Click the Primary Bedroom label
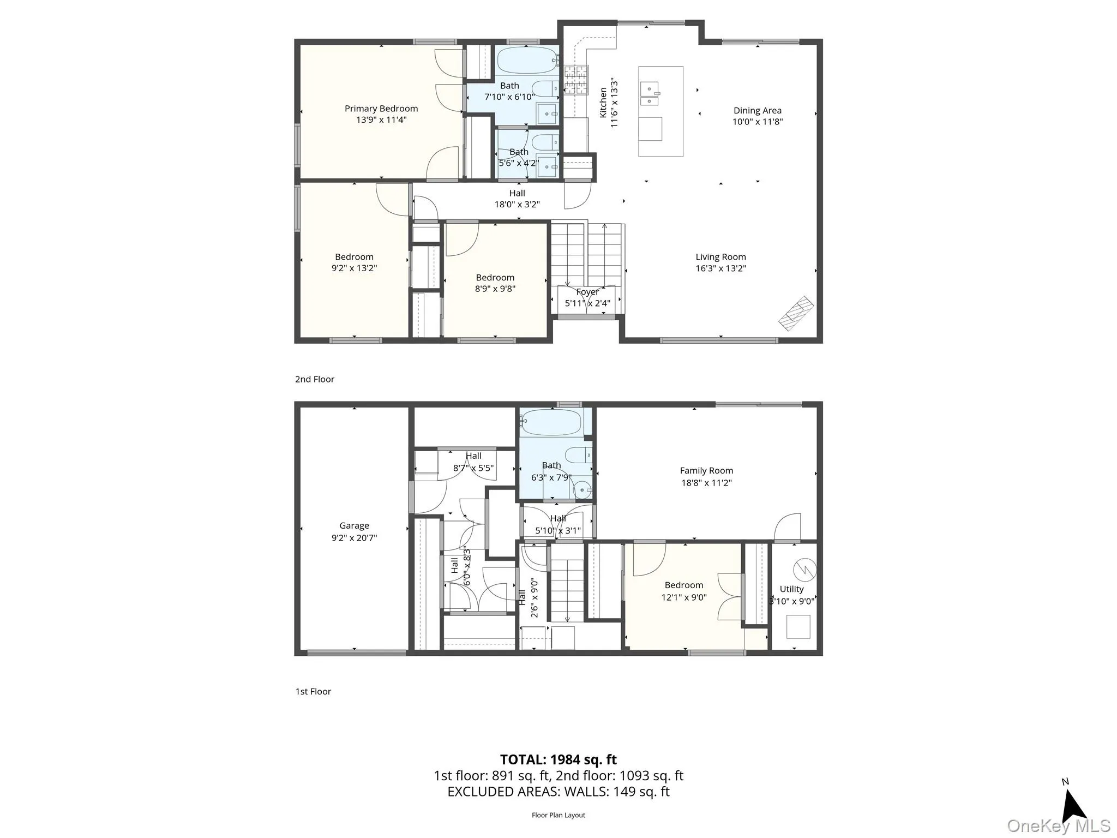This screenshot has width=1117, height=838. point(381,109)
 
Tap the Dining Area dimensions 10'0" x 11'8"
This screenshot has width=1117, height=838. point(757,122)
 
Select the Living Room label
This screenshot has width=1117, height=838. point(720,257)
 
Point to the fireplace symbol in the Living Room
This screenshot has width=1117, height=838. point(796,313)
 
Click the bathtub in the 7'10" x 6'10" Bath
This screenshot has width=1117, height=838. point(526,60)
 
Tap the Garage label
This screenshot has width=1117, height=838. point(354,525)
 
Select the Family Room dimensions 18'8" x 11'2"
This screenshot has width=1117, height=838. point(706,482)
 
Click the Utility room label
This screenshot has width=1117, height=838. point(791,589)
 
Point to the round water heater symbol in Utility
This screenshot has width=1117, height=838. point(804,570)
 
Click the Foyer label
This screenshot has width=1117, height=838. point(587,292)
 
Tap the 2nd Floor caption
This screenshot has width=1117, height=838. point(315,379)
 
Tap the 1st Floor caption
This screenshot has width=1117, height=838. point(313,691)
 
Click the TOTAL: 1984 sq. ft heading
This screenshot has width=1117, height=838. point(558,759)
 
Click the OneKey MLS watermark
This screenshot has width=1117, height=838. point(1058,825)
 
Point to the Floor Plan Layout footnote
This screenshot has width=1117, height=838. point(558,815)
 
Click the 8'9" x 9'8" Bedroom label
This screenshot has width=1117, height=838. point(495,278)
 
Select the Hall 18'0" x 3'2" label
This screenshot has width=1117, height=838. point(517,193)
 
